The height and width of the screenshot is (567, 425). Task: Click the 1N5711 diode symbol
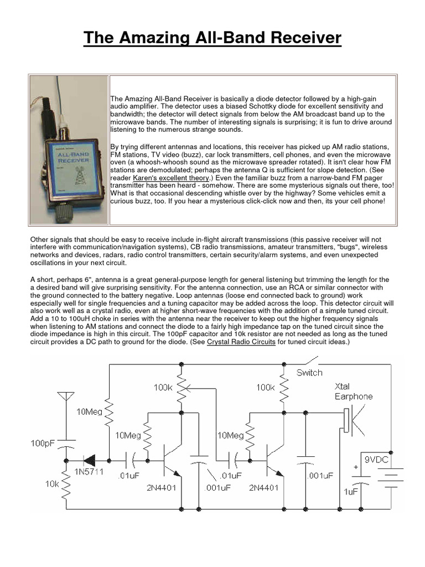tap(87, 459)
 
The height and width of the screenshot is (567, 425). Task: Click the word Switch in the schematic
tap(309, 372)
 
